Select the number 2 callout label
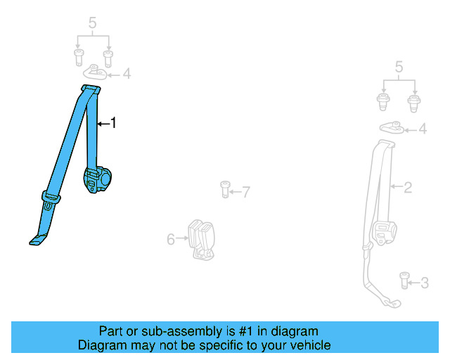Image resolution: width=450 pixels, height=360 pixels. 408,187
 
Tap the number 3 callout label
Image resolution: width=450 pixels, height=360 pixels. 424,283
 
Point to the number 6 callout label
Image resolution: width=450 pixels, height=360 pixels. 171,240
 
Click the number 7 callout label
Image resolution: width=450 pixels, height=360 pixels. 245,191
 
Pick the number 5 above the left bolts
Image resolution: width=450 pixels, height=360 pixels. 92,24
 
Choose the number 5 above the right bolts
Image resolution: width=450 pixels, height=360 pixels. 399,67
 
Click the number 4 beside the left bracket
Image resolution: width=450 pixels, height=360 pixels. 127,73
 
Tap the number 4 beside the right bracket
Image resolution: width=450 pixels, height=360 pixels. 423,129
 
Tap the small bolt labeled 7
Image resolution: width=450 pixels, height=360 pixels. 225,188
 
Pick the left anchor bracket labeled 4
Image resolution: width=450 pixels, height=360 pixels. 98,72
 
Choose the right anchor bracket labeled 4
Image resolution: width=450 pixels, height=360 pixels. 391,127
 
